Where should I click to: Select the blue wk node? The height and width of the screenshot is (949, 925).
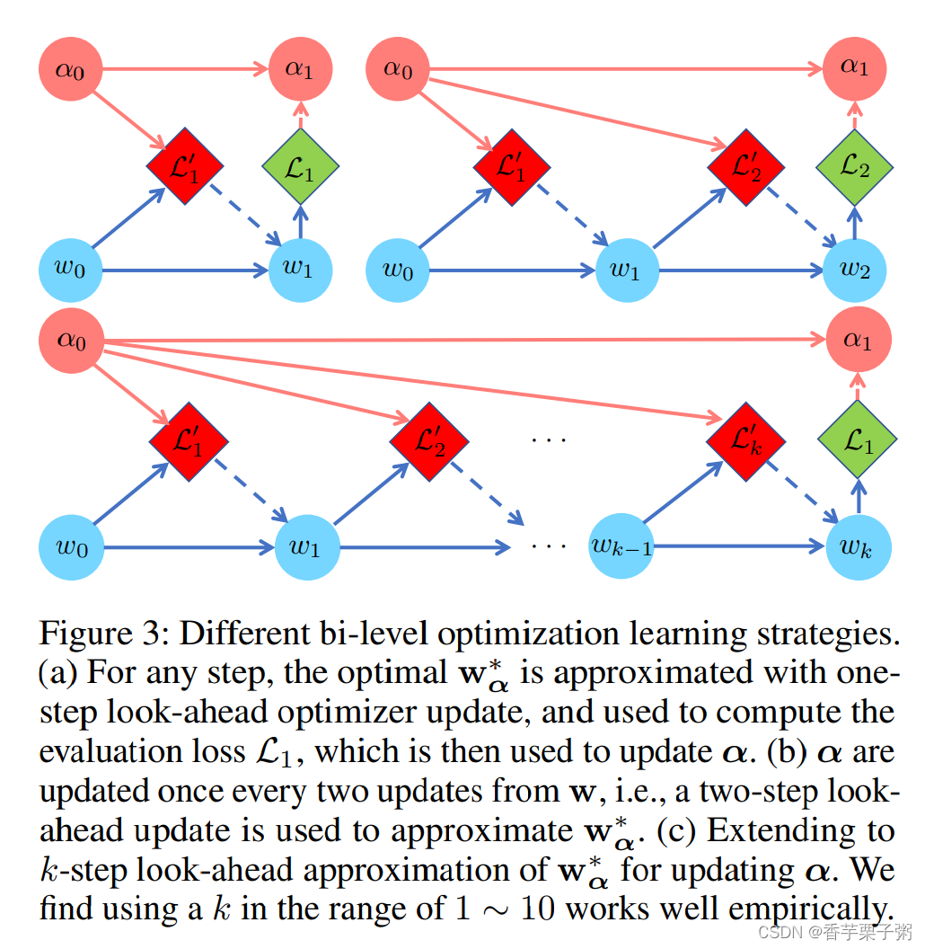point(859,545)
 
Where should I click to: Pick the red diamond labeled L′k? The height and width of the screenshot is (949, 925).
point(746,440)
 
